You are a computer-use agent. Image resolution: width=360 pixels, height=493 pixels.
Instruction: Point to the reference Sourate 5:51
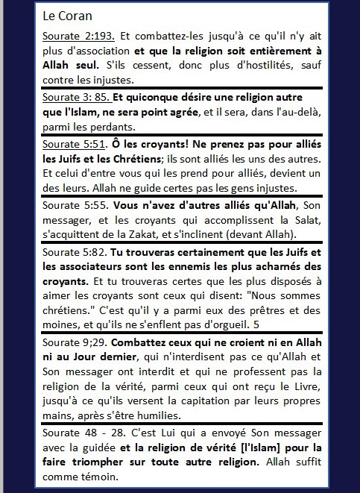pyautogui.click(x=75, y=144)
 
